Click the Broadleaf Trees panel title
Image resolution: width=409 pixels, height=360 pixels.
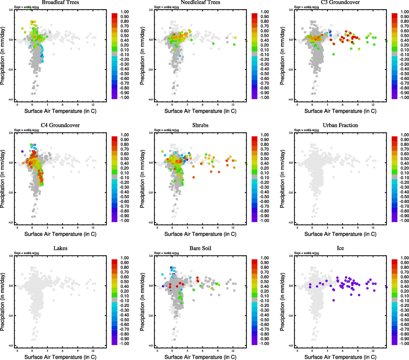(60, 2)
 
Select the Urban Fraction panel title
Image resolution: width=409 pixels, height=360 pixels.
(340, 125)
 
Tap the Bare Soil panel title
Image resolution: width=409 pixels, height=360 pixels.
(200, 248)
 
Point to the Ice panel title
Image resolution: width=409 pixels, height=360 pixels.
(340, 248)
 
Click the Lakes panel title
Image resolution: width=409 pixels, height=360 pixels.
(60, 248)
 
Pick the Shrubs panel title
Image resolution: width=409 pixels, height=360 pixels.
(200, 125)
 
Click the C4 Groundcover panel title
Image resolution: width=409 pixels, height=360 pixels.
(60, 125)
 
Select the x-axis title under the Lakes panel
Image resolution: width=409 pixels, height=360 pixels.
(60, 357)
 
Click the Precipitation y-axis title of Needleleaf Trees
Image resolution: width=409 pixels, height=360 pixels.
(142, 56)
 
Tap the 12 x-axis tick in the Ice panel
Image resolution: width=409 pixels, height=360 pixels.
(373, 350)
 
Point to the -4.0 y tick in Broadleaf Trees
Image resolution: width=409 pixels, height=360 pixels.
(11, 100)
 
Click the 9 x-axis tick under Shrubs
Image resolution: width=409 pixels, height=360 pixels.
(218, 227)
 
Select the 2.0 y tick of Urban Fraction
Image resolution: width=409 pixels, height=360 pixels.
(291, 133)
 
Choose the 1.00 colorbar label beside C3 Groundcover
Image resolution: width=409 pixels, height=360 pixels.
(405, 12)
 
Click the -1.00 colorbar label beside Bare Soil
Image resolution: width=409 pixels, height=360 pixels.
(264, 343)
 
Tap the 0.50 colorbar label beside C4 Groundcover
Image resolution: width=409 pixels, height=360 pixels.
(124, 159)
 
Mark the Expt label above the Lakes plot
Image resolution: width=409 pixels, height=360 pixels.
(27, 253)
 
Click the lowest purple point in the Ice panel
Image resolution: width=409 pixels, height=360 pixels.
(334, 300)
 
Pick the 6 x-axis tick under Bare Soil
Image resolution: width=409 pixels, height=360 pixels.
(202, 350)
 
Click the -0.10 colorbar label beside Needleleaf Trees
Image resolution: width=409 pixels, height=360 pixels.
(264, 55)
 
